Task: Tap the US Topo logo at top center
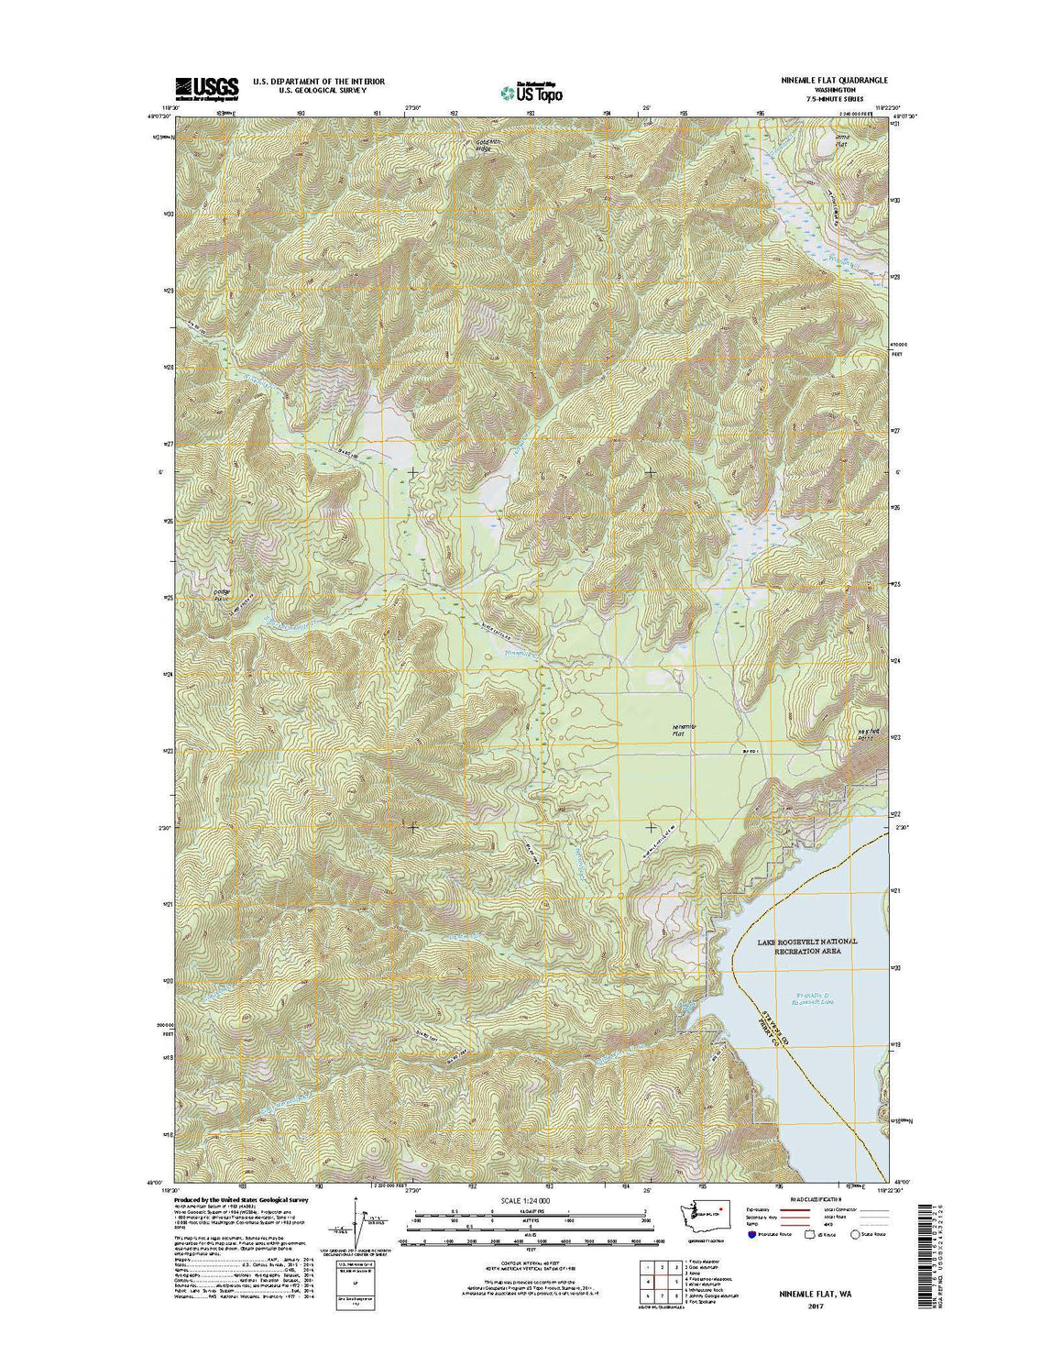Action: coord(531,91)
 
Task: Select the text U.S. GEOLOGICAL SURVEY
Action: coord(312,91)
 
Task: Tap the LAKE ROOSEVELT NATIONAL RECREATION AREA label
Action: coord(807,947)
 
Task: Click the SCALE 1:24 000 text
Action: coord(525,1200)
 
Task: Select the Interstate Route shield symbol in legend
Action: coord(752,1235)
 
